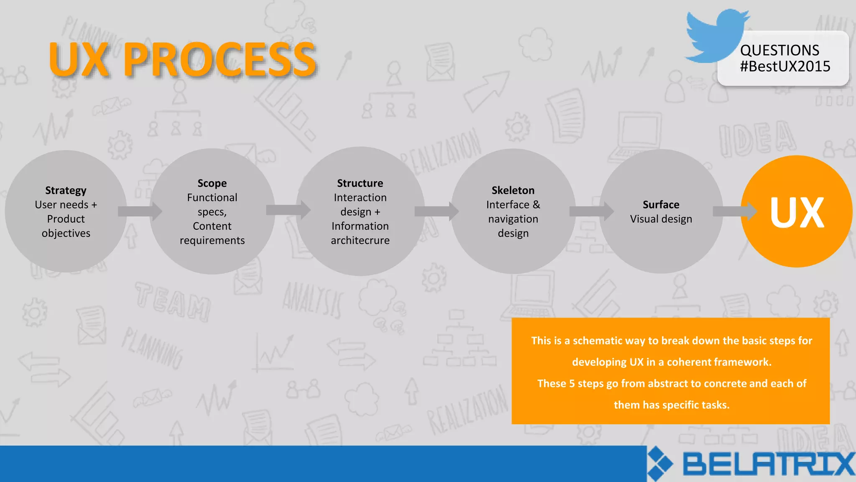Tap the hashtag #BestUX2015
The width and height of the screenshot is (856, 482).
click(785, 67)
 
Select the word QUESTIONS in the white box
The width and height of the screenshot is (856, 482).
click(779, 50)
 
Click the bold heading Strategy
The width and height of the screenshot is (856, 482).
click(66, 190)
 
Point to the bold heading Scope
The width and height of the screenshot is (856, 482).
click(212, 183)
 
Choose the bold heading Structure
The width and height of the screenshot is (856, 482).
click(360, 183)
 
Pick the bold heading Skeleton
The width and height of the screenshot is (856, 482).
click(513, 190)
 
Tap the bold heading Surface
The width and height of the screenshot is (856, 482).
click(661, 205)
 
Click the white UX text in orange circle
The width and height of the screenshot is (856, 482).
click(797, 213)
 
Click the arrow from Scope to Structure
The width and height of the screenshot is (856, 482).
click(288, 210)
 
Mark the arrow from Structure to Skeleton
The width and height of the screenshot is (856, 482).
click(436, 211)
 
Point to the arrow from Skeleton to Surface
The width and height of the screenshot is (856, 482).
click(591, 211)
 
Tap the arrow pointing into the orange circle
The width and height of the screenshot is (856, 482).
click(734, 211)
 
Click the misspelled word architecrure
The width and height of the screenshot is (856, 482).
click(360, 241)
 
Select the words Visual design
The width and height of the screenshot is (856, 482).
click(661, 219)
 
